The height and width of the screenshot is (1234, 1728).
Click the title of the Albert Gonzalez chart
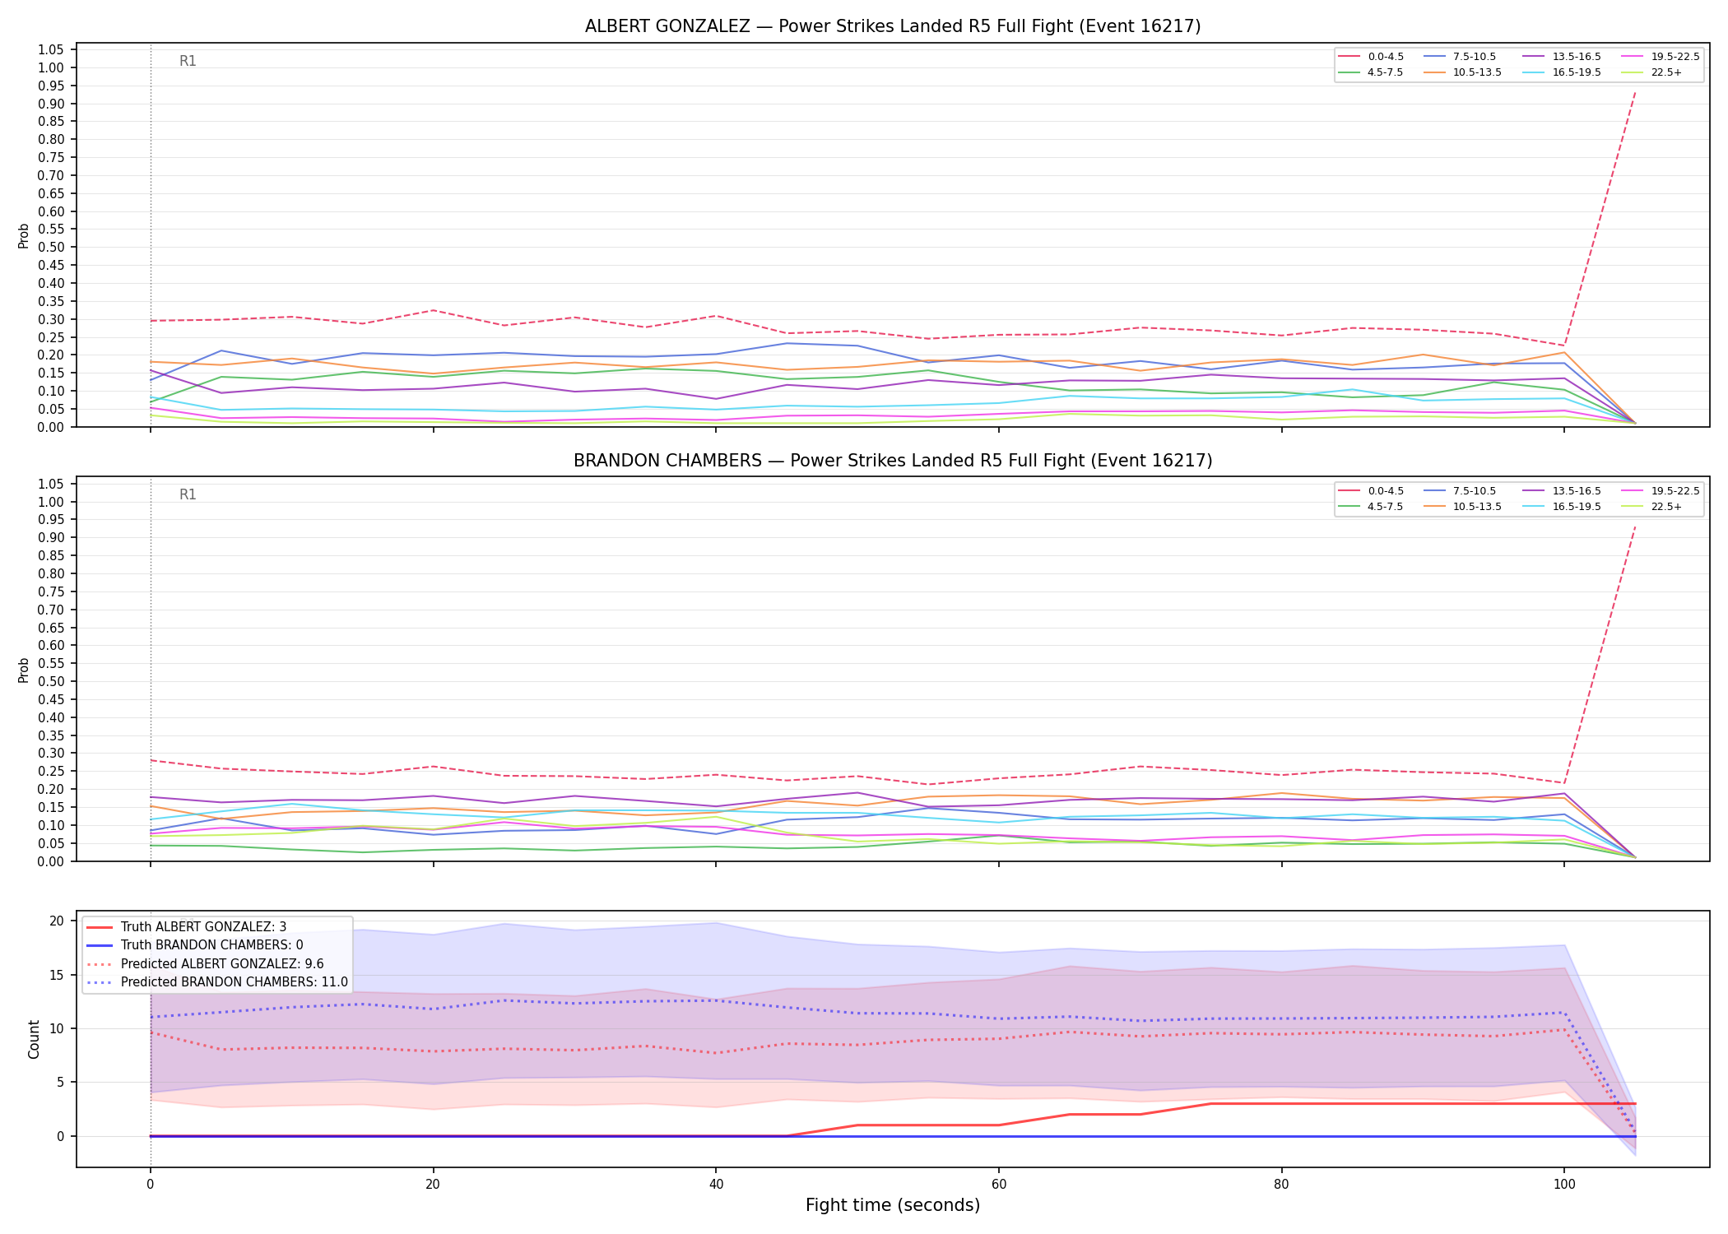[x=893, y=26]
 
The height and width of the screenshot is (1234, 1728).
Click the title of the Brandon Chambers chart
[x=893, y=461]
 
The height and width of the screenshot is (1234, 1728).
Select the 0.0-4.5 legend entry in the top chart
[x=1371, y=57]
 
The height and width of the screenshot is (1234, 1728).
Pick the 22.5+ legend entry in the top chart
[x=1651, y=72]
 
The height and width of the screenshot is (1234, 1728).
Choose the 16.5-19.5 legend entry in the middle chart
[x=1562, y=507]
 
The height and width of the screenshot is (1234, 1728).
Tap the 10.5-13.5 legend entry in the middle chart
[x=1462, y=507]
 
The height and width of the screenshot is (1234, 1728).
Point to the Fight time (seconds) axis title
[x=893, y=1205]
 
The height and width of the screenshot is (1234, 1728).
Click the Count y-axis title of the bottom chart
[x=34, y=1039]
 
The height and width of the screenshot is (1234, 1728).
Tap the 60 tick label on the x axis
[x=998, y=1185]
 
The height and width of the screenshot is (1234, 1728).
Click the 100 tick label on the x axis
[x=1563, y=1185]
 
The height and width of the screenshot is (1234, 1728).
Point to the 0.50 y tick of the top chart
[x=52, y=248]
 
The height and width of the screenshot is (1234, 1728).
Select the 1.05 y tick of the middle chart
[x=52, y=484]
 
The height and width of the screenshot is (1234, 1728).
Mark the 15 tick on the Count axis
[x=57, y=975]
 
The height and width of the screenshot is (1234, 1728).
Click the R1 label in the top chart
[x=188, y=61]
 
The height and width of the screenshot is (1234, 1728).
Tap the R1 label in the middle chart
[x=188, y=494]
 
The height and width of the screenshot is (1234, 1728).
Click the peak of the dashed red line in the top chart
[x=1634, y=92]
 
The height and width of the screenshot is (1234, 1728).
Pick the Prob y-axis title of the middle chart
[x=24, y=670]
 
